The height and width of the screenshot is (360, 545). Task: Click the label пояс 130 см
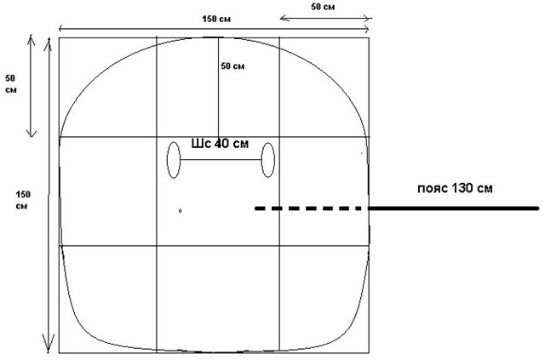(455, 188)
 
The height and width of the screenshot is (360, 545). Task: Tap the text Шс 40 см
(220, 143)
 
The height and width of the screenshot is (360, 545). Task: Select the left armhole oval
(174, 160)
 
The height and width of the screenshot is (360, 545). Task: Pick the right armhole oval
(268, 160)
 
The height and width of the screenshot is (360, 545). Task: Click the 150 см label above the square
(216, 19)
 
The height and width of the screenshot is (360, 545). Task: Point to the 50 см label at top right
(323, 7)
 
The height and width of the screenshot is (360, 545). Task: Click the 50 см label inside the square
(232, 66)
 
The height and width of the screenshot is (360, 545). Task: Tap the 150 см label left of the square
(23, 200)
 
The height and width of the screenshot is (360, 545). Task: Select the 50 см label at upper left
(11, 84)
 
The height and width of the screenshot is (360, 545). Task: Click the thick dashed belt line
(312, 209)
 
